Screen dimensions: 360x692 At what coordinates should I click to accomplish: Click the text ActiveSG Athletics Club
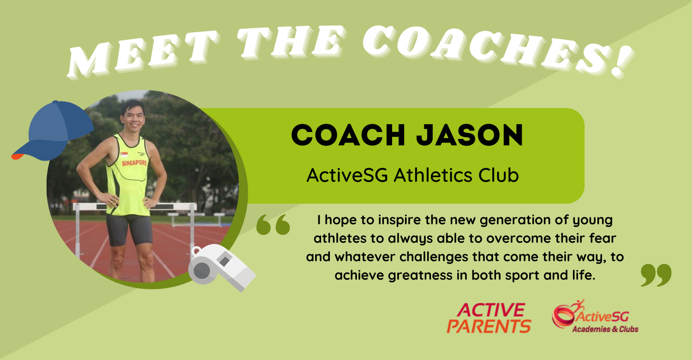click(412, 175)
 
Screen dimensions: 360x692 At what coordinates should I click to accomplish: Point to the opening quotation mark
click(273, 225)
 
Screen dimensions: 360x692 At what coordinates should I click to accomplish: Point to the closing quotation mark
click(656, 276)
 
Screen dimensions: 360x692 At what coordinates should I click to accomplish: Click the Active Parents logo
click(489, 318)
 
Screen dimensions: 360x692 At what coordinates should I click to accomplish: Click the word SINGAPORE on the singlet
click(134, 163)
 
